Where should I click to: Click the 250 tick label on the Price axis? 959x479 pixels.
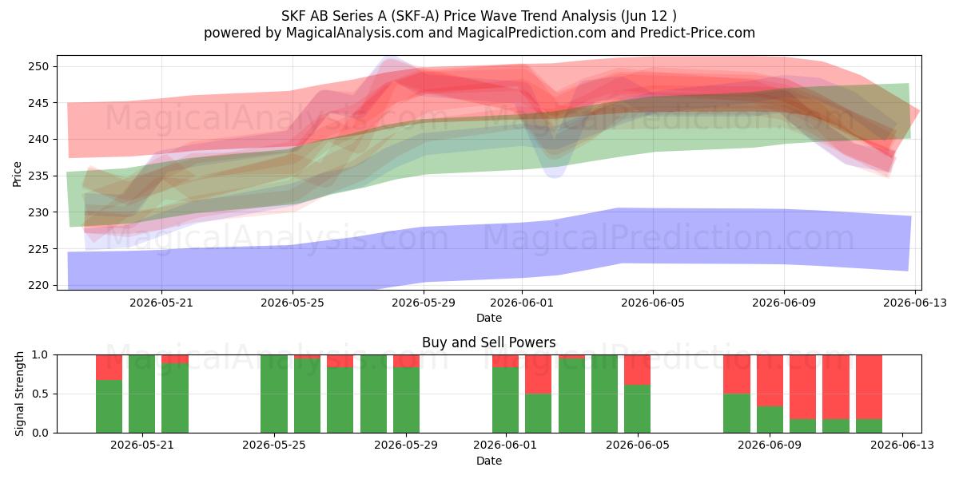pyautogui.click(x=38, y=67)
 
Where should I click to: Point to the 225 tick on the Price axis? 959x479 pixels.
pyautogui.click(x=38, y=249)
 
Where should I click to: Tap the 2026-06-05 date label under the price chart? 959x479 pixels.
pyautogui.click(x=653, y=303)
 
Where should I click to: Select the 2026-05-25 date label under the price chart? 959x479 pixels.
pyautogui.click(x=292, y=303)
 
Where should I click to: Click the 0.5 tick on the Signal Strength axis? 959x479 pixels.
pyautogui.click(x=41, y=394)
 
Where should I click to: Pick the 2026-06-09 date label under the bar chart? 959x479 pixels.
pyautogui.click(x=770, y=445)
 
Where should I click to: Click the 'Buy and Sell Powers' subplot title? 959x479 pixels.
pyautogui.click(x=489, y=342)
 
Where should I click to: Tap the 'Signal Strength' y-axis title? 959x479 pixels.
pyautogui.click(x=19, y=394)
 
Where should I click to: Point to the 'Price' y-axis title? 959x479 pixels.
pyautogui.click(x=17, y=174)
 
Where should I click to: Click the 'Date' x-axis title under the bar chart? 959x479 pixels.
pyautogui.click(x=489, y=461)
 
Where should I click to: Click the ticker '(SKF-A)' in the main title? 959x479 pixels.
pyautogui.click(x=414, y=16)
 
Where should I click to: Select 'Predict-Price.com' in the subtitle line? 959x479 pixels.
pyautogui.click(x=698, y=33)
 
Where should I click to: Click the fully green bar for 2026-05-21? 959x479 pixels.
pyautogui.click(x=141, y=394)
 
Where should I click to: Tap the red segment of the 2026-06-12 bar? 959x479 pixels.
pyautogui.click(x=869, y=387)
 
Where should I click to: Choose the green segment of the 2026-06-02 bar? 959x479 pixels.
pyautogui.click(x=538, y=414)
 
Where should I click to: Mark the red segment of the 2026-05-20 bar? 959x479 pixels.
pyautogui.click(x=109, y=367)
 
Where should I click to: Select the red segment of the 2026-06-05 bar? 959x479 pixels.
pyautogui.click(x=637, y=370)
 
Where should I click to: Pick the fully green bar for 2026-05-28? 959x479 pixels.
pyautogui.click(x=373, y=394)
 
